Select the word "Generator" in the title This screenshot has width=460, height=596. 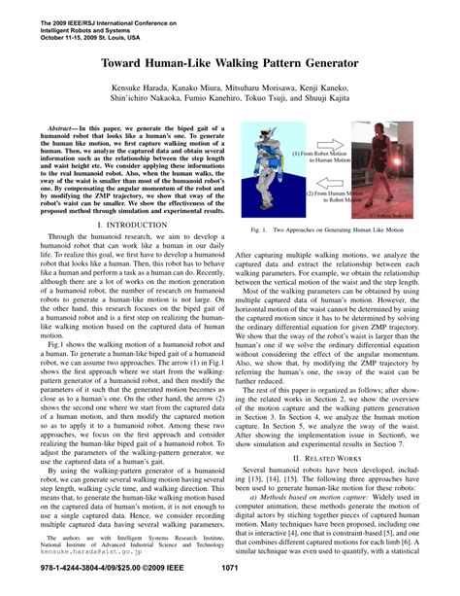[326, 59]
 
